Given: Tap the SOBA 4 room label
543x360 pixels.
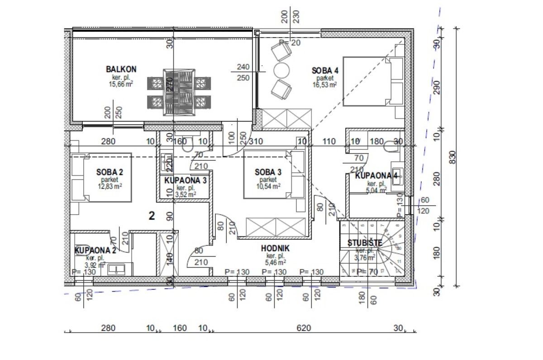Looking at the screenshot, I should click(325, 70).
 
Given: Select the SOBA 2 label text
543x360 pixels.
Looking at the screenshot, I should click(110, 172).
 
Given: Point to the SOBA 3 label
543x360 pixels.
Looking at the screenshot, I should click(268, 172).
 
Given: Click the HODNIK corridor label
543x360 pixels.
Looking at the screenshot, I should click(275, 248).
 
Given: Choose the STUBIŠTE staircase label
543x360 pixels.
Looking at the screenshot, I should click(365, 243).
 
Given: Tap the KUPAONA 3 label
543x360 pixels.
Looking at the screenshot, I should click(186, 180).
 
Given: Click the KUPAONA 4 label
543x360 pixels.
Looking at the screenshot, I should click(376, 176).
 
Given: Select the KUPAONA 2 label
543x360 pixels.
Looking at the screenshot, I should click(95, 250).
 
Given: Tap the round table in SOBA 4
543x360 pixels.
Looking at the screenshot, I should click(281, 70).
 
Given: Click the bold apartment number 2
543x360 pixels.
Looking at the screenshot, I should click(152, 216).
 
